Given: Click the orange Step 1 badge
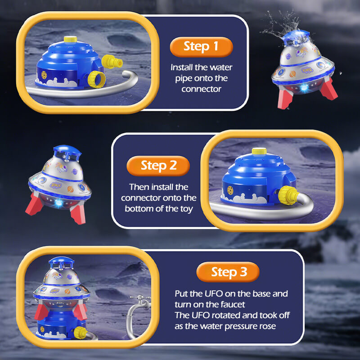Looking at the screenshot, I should [201, 46].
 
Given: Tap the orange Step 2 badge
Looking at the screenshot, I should [158, 165].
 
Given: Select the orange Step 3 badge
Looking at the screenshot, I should [229, 272].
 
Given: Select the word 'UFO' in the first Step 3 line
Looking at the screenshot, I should [213, 294].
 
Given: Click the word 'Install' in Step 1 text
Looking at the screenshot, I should [180, 68].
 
